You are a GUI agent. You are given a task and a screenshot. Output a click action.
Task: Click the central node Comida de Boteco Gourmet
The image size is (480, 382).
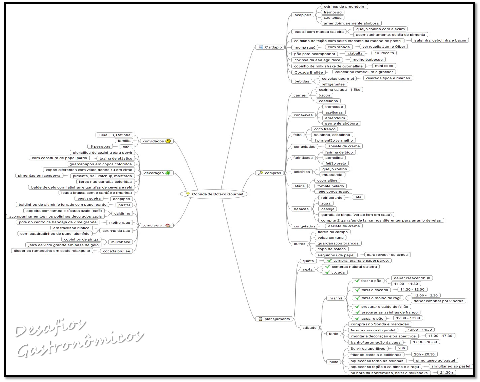click(x=214, y=194)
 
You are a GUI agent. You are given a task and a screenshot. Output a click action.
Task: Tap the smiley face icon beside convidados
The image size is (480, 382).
click(x=168, y=141)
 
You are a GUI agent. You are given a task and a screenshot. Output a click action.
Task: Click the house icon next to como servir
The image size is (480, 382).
click(x=168, y=225)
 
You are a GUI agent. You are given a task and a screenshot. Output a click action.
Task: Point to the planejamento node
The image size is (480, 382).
click(x=274, y=319)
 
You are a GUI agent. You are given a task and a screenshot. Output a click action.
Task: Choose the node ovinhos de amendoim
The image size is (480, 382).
click(x=344, y=7)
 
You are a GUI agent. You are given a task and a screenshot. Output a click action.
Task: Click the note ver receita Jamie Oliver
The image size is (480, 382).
click(x=383, y=47)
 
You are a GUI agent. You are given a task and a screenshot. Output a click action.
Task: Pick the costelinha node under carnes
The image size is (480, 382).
click(x=328, y=101)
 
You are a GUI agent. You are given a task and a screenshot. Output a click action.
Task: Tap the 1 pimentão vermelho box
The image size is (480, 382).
click(x=333, y=140)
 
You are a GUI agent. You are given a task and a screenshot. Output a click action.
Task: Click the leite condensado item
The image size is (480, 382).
click(x=333, y=191)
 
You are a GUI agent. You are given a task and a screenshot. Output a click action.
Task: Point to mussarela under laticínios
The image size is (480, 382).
click(x=332, y=175)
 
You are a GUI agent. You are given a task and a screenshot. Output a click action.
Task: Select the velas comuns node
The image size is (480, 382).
click(x=331, y=238)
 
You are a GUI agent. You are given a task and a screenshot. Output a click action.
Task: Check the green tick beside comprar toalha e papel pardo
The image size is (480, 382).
click(x=329, y=260)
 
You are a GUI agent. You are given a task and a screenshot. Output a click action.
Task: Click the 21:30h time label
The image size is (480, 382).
click(x=447, y=372)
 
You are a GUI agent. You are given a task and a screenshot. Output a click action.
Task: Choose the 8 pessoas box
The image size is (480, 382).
click(x=100, y=146)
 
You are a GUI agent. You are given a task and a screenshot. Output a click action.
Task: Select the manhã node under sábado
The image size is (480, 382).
click(x=336, y=298)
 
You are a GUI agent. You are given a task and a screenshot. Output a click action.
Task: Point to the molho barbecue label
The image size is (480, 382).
click(x=367, y=60)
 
